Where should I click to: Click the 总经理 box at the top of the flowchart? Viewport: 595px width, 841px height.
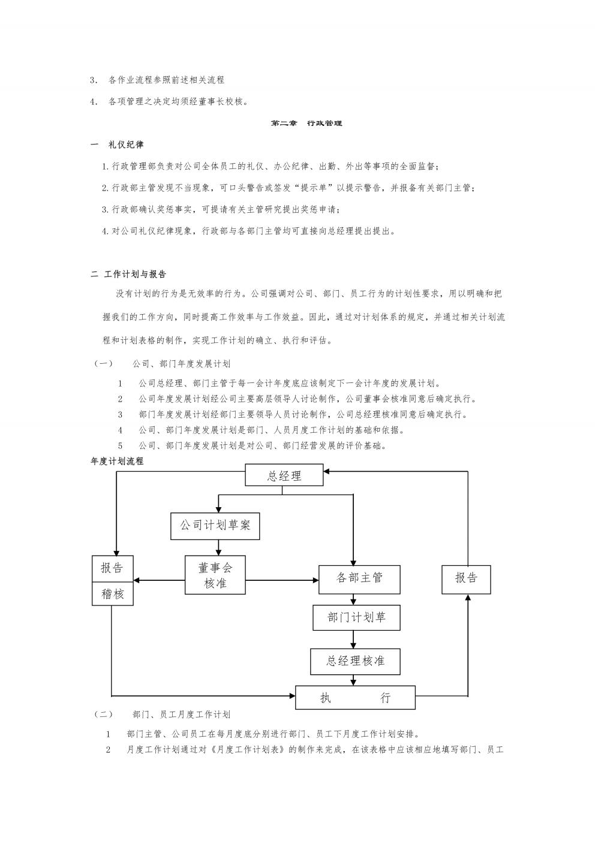[x=284, y=475]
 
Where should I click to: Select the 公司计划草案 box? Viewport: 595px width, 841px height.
[x=215, y=526]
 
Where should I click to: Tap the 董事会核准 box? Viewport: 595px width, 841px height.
[x=215, y=575]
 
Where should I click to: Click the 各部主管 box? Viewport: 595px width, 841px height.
[x=359, y=579]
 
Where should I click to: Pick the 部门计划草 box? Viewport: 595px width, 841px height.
[x=356, y=617]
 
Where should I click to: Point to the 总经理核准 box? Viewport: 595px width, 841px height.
[x=355, y=661]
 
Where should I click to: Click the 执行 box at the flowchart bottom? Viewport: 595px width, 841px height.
[x=355, y=697]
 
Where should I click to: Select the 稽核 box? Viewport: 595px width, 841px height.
[x=113, y=594]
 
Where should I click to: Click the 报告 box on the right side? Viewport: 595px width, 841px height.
[x=466, y=579]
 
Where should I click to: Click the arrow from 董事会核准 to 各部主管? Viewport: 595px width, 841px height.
[x=282, y=580]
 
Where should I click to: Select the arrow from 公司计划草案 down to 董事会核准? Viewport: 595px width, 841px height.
[x=218, y=548]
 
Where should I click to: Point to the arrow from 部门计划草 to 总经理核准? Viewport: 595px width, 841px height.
[x=353, y=640]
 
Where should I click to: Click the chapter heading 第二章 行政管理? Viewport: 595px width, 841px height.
[x=306, y=123]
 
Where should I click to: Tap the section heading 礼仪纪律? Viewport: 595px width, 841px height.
[x=126, y=145]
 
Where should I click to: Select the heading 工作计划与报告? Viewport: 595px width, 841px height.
[x=135, y=274]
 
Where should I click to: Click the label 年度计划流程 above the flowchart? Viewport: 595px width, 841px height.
[x=117, y=461]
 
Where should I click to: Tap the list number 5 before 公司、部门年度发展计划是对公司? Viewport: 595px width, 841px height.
[x=120, y=445]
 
